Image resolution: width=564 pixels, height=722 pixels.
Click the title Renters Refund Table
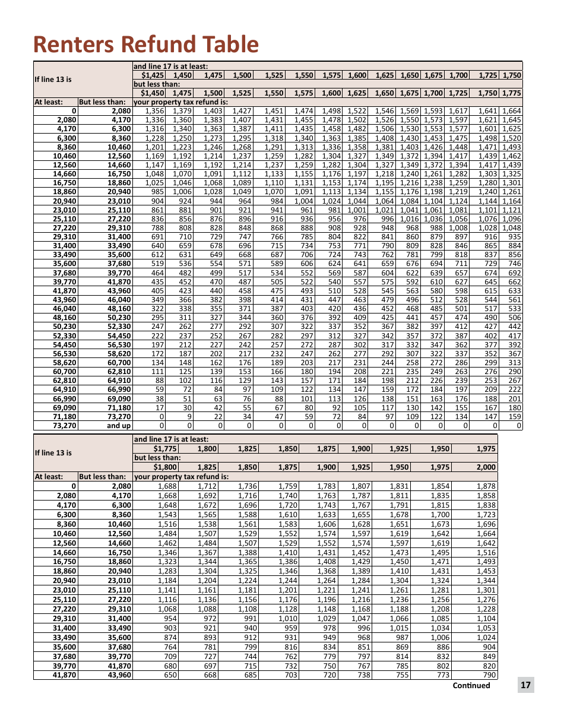click(146, 45)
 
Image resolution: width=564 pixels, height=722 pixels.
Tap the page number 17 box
click(525, 685)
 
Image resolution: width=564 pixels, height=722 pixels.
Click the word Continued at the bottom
click(471, 685)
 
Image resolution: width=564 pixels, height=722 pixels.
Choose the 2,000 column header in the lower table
click(486, 467)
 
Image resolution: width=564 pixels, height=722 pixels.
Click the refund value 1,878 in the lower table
click(486, 486)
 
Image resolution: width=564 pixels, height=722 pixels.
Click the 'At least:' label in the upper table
click(49, 102)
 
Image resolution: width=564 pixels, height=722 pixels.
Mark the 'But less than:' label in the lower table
click(103, 477)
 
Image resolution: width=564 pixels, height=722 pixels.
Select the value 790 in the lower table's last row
click(489, 676)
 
